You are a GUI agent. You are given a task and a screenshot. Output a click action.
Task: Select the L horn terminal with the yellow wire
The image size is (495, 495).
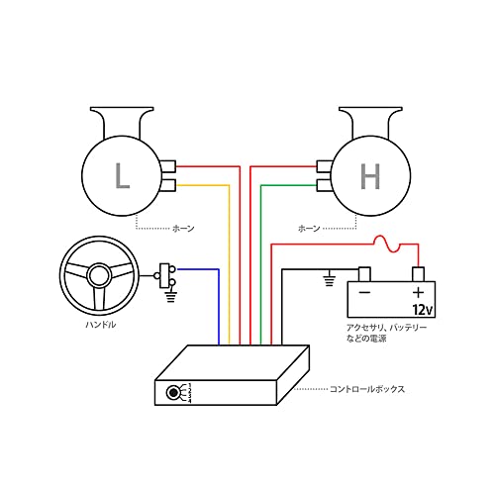tap(168, 184)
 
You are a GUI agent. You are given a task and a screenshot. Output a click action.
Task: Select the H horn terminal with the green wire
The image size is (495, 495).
tap(323, 184)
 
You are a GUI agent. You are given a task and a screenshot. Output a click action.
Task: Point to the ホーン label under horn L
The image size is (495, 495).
tap(183, 229)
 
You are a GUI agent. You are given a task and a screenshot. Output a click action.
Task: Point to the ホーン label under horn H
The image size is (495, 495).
tap(309, 229)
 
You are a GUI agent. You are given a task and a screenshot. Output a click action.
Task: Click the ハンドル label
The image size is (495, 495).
tap(99, 325)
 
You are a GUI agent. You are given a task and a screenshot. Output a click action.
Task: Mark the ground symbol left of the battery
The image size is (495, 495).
tap(330, 280)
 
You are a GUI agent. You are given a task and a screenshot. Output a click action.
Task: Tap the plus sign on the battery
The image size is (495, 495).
tap(418, 293)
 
